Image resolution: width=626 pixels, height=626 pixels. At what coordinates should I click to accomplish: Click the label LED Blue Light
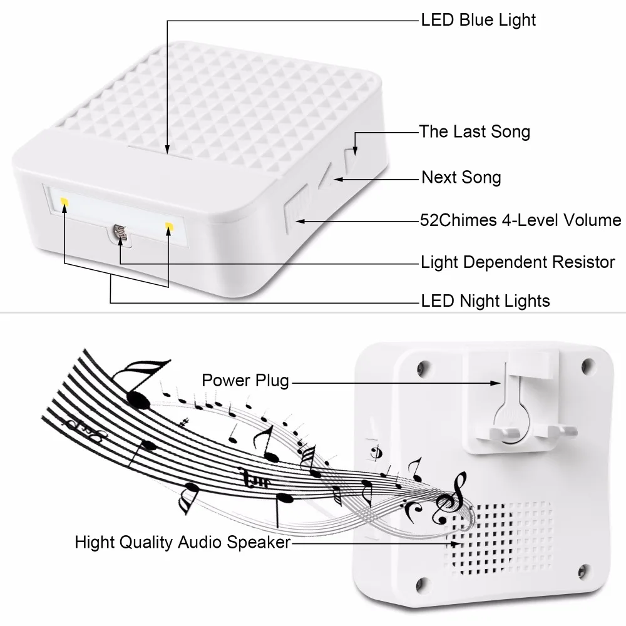[478, 20]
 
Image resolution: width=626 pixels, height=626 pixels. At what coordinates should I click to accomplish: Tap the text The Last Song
[475, 131]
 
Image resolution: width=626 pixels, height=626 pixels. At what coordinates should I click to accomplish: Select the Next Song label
[461, 177]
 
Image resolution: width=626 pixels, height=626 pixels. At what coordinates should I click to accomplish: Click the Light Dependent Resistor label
[518, 262]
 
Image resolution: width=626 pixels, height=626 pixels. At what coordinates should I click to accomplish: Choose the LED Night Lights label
[485, 301]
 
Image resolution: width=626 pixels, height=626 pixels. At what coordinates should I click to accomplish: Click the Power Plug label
[245, 380]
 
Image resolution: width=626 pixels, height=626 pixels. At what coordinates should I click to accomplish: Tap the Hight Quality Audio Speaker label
[183, 542]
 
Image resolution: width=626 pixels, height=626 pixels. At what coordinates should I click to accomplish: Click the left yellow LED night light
[64, 202]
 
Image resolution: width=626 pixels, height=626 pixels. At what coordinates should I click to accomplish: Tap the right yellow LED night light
[168, 225]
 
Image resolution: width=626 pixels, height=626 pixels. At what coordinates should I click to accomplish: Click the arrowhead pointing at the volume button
[301, 220]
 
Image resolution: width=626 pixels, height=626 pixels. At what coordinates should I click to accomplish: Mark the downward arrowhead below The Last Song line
[356, 150]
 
